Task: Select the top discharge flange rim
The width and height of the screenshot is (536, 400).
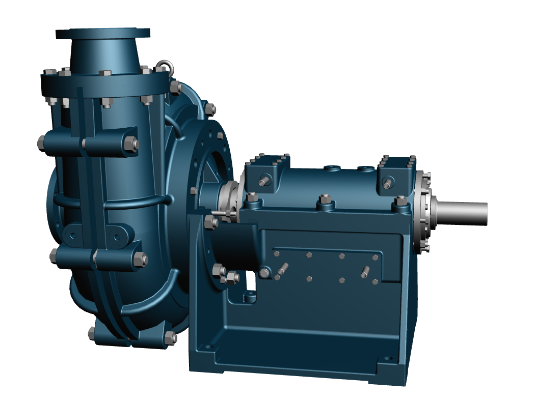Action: pyautogui.click(x=103, y=33)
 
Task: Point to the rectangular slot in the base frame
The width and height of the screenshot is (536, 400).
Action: pyautogui.click(x=251, y=282)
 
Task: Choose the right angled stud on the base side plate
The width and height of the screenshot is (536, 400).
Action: pyautogui.click(x=365, y=272)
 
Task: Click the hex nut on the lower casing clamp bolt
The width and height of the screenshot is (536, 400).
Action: pyautogui.click(x=140, y=260)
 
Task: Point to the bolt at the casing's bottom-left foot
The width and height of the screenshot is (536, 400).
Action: pyautogui.click(x=92, y=333)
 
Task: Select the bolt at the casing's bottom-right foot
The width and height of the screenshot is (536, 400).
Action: pyautogui.click(x=170, y=337)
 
